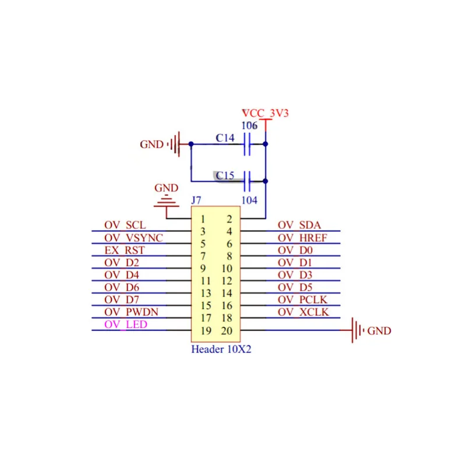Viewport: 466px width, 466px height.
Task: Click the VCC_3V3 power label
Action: tap(266, 113)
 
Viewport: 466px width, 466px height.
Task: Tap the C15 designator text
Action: tap(225, 175)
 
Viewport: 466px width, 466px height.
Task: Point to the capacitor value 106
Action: tap(249, 126)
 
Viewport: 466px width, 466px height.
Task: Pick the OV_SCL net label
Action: tap(125, 225)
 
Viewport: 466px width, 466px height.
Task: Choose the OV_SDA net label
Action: tap(299, 225)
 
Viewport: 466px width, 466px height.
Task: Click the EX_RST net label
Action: tap(125, 250)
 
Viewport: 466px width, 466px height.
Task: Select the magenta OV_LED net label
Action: tap(126, 324)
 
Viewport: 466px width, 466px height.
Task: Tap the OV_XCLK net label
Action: tap(303, 312)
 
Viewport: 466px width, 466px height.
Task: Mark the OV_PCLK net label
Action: tap(303, 299)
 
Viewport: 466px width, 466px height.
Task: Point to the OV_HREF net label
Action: tap(302, 238)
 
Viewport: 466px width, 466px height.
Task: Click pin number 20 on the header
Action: tap(227, 331)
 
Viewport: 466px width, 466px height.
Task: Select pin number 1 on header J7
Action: tap(202, 220)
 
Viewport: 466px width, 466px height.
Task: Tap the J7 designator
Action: tap(196, 200)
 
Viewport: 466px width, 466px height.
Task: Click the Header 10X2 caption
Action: tap(221, 350)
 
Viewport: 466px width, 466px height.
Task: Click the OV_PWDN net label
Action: tap(131, 312)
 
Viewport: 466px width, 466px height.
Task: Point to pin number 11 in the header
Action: tap(206, 281)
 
